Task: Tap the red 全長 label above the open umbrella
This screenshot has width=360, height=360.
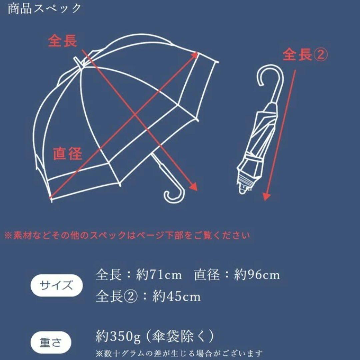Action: [x=62, y=41]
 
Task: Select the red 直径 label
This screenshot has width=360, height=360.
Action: [x=67, y=154]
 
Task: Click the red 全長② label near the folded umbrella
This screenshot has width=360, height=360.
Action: [x=305, y=55]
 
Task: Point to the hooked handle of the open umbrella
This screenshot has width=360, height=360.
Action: [x=173, y=195]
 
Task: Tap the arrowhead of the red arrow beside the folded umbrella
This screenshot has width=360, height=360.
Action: [x=266, y=197]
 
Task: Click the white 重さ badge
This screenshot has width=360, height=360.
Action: [x=51, y=343]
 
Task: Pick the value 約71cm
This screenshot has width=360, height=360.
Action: [x=159, y=275]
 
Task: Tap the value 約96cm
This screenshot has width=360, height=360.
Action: [x=256, y=275]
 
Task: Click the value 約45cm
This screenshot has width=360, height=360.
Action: [x=176, y=296]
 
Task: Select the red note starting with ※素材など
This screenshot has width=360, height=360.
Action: [x=127, y=236]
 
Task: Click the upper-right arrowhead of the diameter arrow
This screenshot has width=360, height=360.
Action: [x=195, y=55]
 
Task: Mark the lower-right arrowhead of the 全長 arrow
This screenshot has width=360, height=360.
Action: [x=194, y=187]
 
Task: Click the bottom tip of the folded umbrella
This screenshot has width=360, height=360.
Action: [x=243, y=191]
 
